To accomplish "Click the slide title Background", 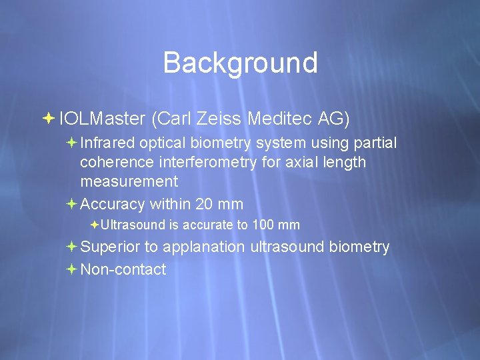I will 240,63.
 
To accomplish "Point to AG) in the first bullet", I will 334,119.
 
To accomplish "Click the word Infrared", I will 107,143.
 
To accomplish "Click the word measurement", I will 129,181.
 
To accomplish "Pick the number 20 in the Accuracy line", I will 203,204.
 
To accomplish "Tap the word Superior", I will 110,247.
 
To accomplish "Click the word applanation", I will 203,247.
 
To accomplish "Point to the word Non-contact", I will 123,269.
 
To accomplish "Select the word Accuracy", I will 112,204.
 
